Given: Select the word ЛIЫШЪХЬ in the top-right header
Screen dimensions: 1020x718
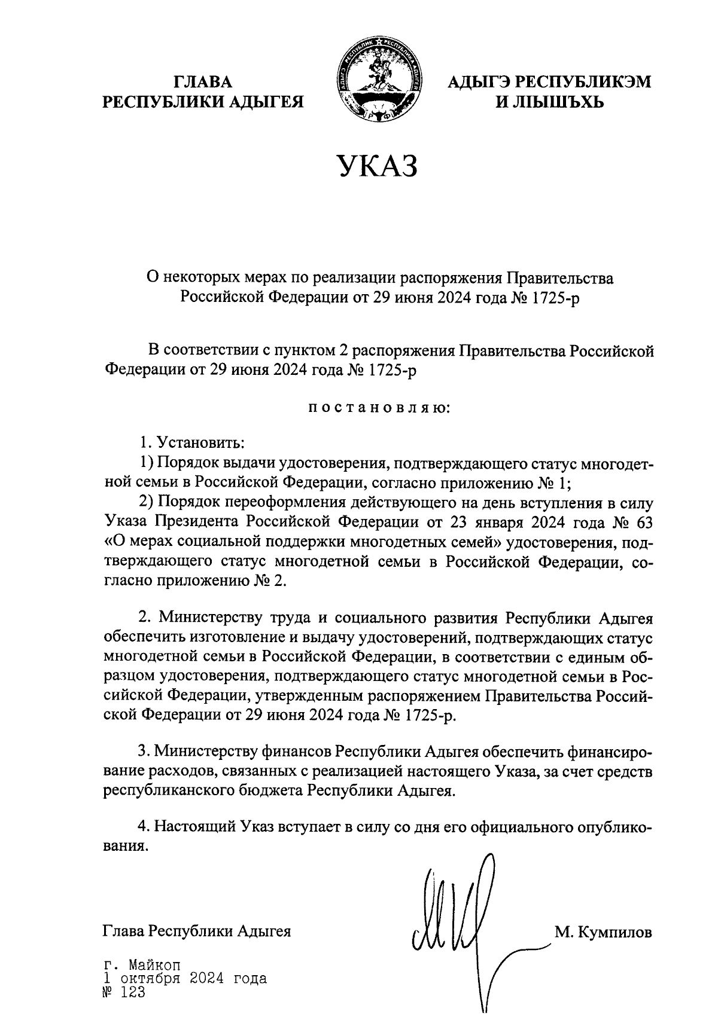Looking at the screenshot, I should point(559,102).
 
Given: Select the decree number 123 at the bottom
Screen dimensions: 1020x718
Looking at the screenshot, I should point(133,993).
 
